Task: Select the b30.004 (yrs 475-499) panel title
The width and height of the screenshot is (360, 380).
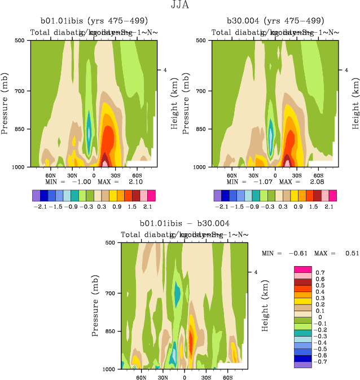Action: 275,20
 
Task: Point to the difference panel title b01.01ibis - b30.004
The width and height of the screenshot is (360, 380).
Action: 185,223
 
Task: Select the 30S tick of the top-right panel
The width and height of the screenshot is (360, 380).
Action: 297,175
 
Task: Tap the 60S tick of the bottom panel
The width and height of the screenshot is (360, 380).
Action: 228,377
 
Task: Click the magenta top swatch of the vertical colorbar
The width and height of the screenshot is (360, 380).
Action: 302,269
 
